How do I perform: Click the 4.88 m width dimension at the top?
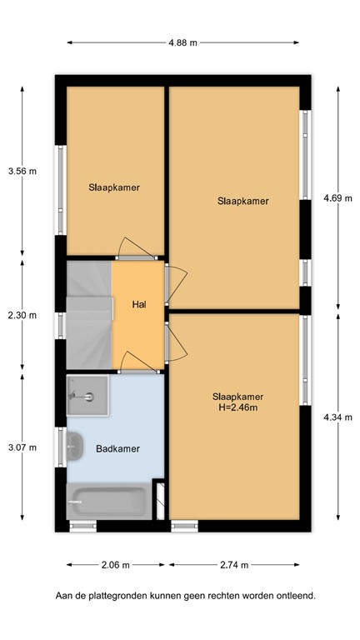[183, 42]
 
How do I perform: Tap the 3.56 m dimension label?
[22, 171]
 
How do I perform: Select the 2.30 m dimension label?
[22, 315]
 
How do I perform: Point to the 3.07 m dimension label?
[22, 447]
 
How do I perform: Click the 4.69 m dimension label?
[337, 197]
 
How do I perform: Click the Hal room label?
[139, 304]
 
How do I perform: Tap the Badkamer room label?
[117, 448]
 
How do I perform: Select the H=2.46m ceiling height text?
[237, 407]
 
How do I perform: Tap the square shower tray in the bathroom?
[87, 396]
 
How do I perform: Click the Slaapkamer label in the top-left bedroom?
[114, 187]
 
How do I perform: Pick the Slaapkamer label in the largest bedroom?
[243, 201]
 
